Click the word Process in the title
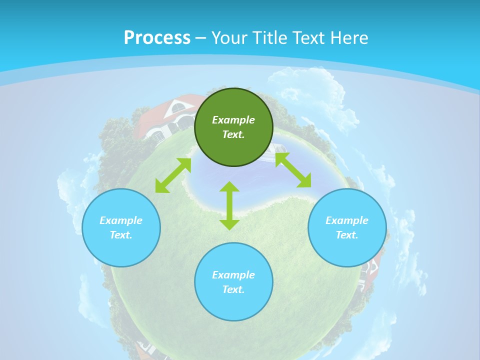click(157, 38)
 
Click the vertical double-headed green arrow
click(229, 206)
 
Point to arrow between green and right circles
click(293, 170)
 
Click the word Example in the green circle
click(233, 120)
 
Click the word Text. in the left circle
click(121, 235)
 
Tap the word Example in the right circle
click(346, 220)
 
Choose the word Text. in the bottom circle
click(233, 289)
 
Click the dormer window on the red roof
click(176, 106)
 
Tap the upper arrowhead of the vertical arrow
click(229, 186)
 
